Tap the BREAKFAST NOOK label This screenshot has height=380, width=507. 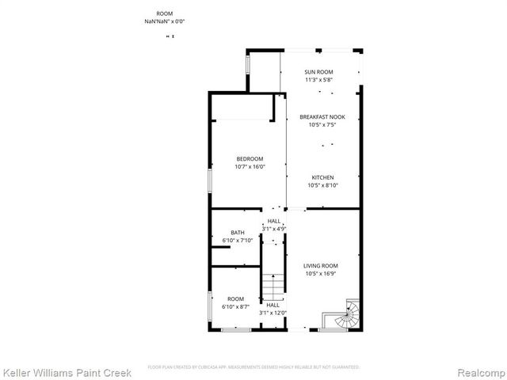click(x=322, y=116)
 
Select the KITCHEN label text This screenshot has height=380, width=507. click(x=322, y=177)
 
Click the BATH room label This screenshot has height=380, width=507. click(x=238, y=233)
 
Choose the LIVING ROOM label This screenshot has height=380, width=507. click(x=322, y=266)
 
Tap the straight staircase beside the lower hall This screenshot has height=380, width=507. click(x=273, y=285)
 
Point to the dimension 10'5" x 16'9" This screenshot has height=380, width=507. click(x=322, y=274)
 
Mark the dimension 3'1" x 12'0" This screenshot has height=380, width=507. click(x=273, y=313)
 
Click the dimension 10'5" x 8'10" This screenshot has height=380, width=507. click(x=322, y=185)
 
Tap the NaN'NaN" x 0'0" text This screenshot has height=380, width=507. click(x=163, y=22)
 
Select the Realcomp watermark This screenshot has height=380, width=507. click(x=478, y=370)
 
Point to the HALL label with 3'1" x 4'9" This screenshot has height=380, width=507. click(x=274, y=221)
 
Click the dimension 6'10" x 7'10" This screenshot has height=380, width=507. click(x=238, y=241)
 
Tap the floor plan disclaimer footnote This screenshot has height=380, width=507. click(x=253, y=367)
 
